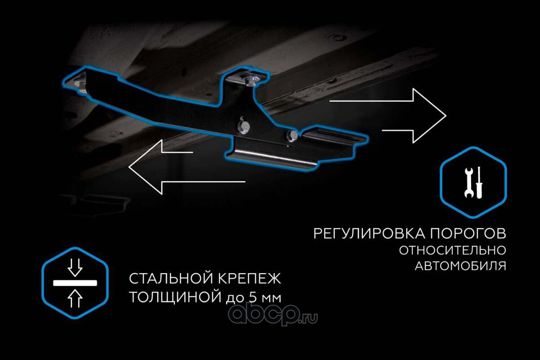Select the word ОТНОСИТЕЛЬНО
click(x=452, y=250)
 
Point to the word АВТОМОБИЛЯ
click(x=460, y=266)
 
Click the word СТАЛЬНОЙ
click(x=165, y=279)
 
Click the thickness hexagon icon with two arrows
click(x=75, y=283)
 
